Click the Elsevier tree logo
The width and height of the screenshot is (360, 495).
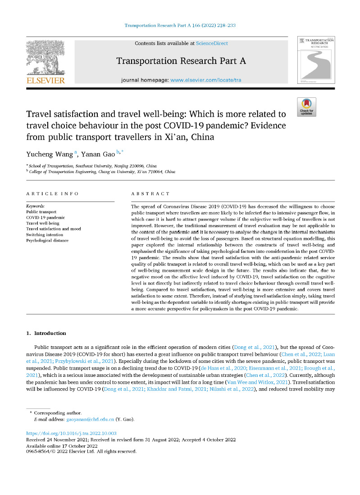click(45, 57)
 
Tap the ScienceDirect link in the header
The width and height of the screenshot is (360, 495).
click(212, 43)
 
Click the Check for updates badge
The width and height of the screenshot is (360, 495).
click(306, 107)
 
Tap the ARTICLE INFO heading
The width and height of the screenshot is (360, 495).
click(52, 193)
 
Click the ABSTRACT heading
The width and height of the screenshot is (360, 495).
click(150, 193)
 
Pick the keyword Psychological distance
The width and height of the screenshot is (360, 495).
click(48, 241)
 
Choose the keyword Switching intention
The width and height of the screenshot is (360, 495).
click(46, 235)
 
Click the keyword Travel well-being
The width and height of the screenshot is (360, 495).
click(43, 223)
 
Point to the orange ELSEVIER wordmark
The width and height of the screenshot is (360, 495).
click(45, 81)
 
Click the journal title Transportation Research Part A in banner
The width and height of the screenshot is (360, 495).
click(181, 61)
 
